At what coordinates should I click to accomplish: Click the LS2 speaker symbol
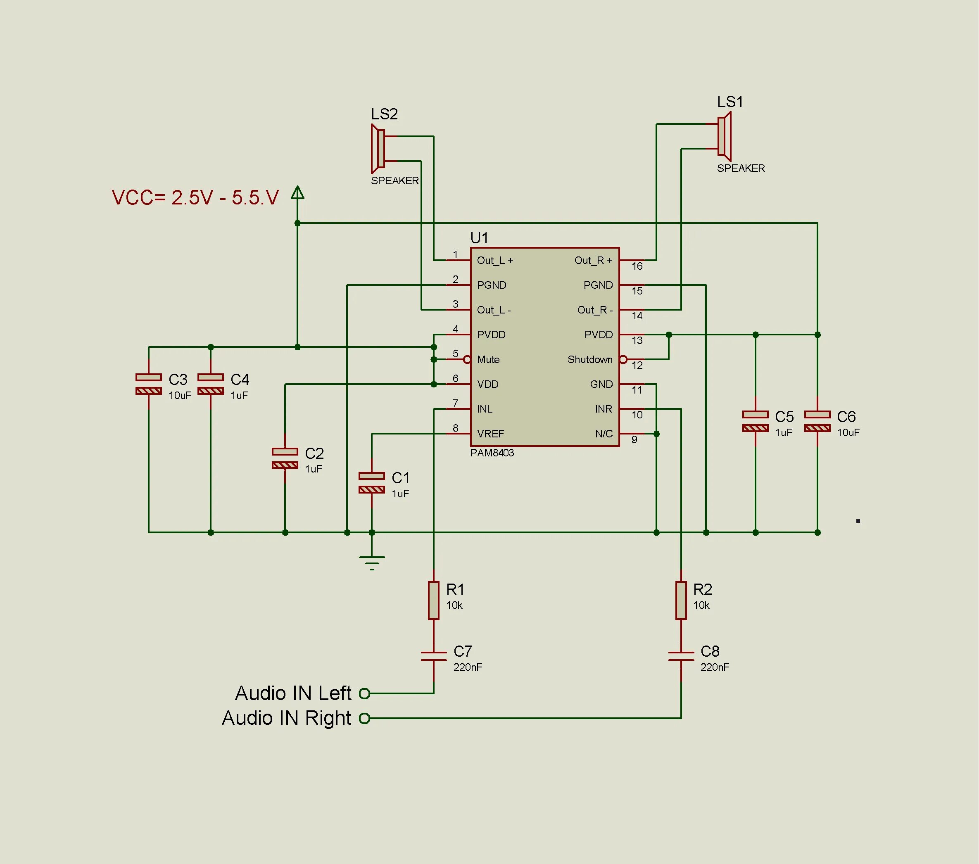tap(378, 148)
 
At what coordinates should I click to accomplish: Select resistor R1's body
tap(433, 600)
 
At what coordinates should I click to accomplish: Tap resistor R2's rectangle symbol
tap(681, 600)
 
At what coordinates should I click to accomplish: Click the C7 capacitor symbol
tap(433, 656)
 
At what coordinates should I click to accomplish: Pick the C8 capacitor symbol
tap(681, 656)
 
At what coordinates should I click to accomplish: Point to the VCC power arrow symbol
tap(297, 193)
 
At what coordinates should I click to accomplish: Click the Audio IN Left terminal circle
tap(364, 693)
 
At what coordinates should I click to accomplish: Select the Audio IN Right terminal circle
tap(364, 718)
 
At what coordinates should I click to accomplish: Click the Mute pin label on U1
tap(488, 360)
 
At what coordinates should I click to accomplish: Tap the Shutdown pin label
tap(589, 360)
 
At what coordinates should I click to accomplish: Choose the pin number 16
tap(637, 266)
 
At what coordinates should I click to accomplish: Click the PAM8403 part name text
tap(492, 453)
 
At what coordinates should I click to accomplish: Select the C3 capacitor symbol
tap(148, 384)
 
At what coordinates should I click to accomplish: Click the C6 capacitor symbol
tap(817, 421)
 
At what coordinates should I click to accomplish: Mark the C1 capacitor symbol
tap(372, 483)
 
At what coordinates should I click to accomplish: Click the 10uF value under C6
tap(848, 432)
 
